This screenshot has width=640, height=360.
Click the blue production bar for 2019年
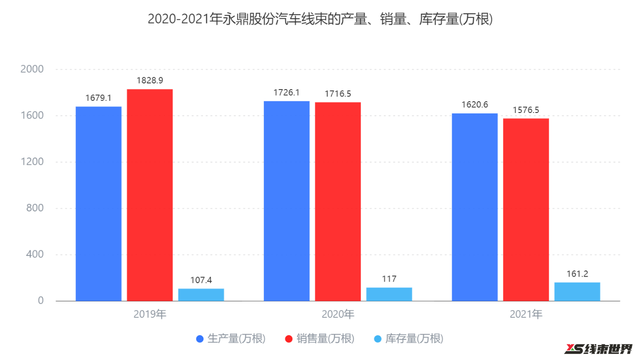[x=98, y=203]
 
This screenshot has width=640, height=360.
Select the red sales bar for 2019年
[x=150, y=195]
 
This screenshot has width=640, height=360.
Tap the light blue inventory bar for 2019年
[x=201, y=294]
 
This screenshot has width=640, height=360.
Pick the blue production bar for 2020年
[x=287, y=201]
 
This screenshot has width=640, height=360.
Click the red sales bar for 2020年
[x=338, y=202]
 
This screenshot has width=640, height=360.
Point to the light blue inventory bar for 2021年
[x=577, y=292]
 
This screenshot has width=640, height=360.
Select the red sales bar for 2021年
[x=526, y=210]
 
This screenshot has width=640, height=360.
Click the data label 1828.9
[x=150, y=81]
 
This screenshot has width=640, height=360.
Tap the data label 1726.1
[x=287, y=92]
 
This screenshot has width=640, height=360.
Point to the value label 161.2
[x=577, y=274]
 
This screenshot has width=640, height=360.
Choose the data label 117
[x=389, y=279]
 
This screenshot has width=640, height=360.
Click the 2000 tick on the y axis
[x=32, y=69]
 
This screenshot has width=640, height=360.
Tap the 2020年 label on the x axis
[x=338, y=314]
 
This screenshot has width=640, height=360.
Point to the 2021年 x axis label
[x=526, y=314]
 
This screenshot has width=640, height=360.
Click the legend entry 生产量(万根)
[x=231, y=338]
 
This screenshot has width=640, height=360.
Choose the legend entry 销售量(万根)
[x=320, y=338]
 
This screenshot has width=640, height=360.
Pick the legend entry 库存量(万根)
[x=409, y=338]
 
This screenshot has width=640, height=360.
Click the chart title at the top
[x=320, y=19]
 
